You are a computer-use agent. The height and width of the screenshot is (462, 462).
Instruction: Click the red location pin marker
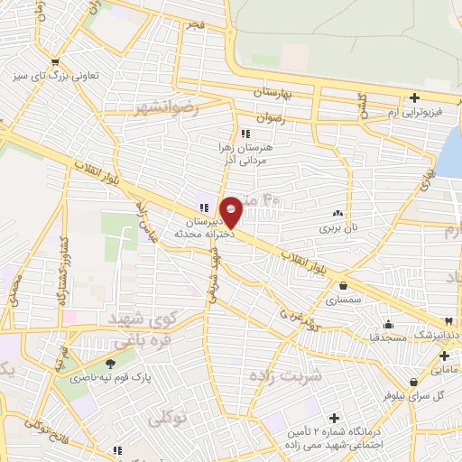[231, 211]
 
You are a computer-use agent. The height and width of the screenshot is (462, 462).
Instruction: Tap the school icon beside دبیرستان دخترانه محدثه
[204, 208]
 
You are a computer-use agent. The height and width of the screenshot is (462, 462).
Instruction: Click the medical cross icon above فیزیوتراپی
[414, 97]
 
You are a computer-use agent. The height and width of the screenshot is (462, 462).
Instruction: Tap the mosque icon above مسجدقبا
[388, 325]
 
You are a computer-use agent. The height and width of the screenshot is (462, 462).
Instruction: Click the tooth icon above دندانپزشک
[448, 322]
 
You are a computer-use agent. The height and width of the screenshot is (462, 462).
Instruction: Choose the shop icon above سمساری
[344, 286]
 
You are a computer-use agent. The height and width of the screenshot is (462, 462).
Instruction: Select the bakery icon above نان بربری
[337, 214]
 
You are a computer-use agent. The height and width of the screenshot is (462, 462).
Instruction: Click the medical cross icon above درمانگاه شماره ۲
[335, 418]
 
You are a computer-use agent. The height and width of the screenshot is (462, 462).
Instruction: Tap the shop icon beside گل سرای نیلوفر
[413, 382]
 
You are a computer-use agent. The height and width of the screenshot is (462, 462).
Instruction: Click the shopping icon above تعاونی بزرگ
[56, 63]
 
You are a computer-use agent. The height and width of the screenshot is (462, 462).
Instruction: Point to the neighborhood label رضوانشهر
[165, 108]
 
